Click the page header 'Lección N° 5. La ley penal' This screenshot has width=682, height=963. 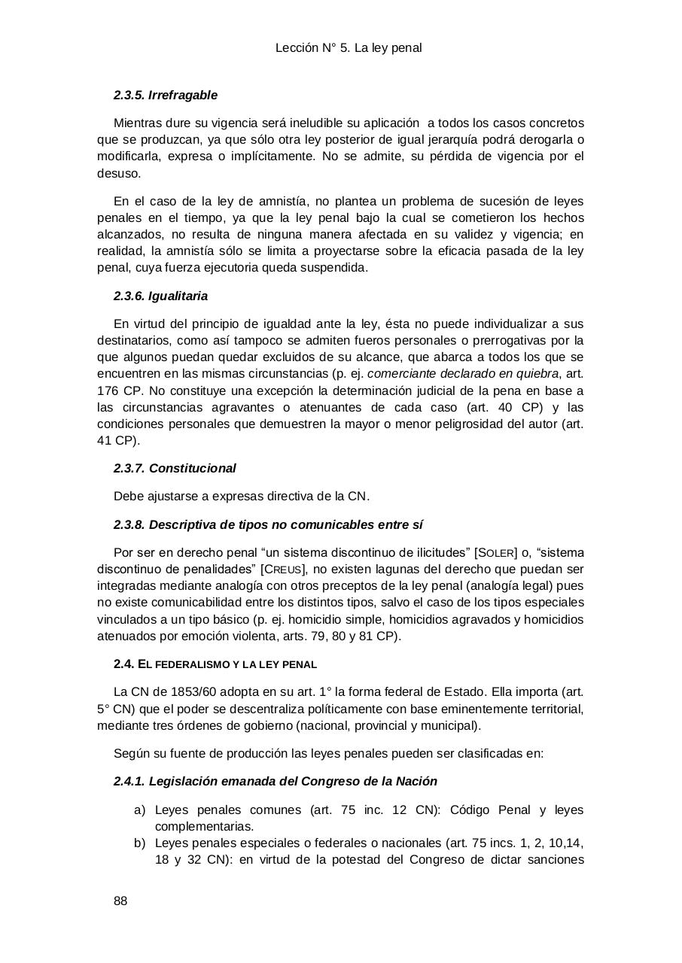coord(349,48)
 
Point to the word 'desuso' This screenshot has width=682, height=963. coord(118,173)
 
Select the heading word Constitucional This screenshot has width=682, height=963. coord(192,469)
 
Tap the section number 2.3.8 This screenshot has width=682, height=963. coord(129,525)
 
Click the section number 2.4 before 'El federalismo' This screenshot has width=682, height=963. coord(123,664)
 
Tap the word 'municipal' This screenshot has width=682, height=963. coord(450,725)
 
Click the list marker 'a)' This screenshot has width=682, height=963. coord(139,810)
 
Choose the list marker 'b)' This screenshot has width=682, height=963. coord(139,843)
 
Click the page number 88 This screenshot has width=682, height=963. coord(120,901)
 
